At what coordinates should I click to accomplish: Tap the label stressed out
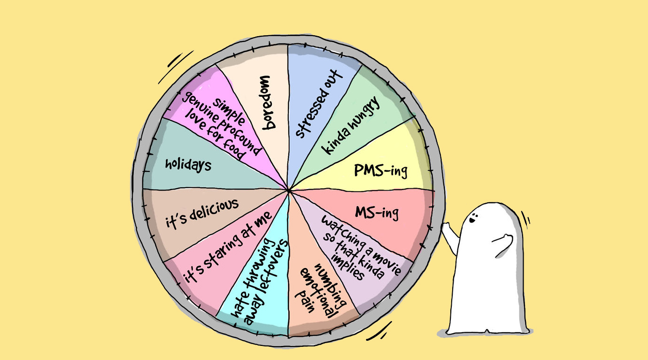[x=319, y=104]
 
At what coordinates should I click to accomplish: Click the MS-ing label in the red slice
[x=377, y=213]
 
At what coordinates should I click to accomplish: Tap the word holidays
[x=188, y=164]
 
